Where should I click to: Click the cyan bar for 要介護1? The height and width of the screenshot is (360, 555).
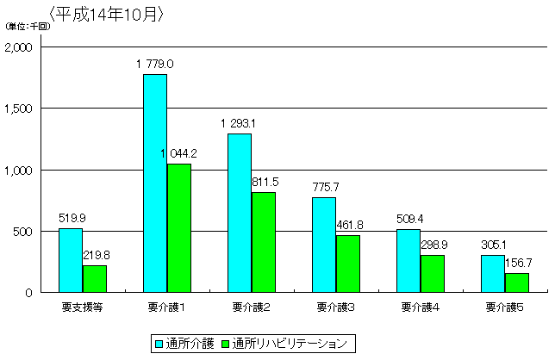pyautogui.click(x=155, y=183)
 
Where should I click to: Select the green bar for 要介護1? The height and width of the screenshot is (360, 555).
pyautogui.click(x=178, y=228)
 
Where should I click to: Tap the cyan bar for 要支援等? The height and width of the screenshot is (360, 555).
pyautogui.click(x=71, y=260)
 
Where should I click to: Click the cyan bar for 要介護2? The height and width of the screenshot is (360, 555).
pyautogui.click(x=240, y=213)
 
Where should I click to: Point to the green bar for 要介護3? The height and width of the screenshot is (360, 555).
pyautogui.click(x=348, y=264)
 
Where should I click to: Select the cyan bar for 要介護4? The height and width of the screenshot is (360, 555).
pyautogui.click(x=408, y=261)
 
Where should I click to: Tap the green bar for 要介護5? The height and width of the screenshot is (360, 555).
pyautogui.click(x=517, y=282)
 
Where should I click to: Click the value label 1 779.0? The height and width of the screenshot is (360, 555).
pyautogui.click(x=155, y=64)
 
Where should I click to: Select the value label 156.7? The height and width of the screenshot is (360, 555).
pyautogui.click(x=519, y=263)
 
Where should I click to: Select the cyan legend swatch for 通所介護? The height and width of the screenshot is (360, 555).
pyautogui.click(x=159, y=343)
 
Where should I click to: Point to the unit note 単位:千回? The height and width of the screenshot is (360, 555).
pyautogui.click(x=28, y=26)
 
